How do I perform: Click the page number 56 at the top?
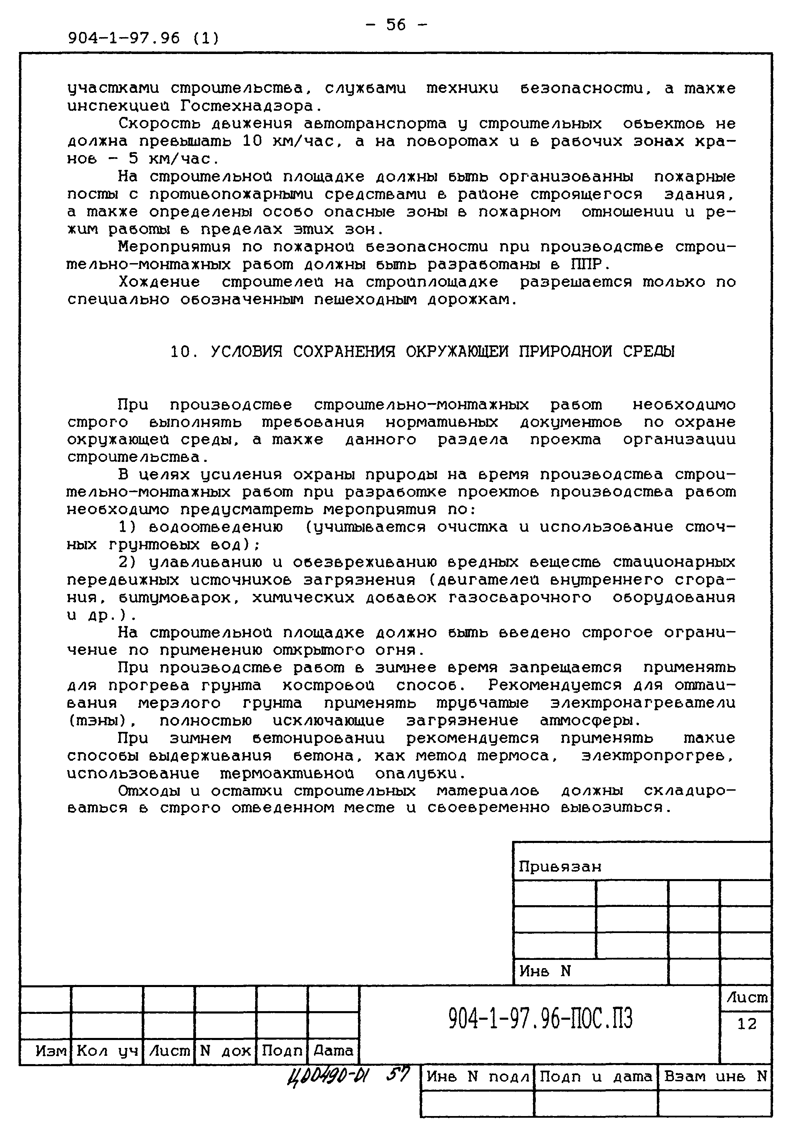[396, 24]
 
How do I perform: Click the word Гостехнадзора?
[251, 106]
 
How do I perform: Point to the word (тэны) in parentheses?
[99, 721]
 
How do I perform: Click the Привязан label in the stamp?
[560, 867]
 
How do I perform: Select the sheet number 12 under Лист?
[746, 1024]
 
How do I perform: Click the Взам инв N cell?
[715, 1076]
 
